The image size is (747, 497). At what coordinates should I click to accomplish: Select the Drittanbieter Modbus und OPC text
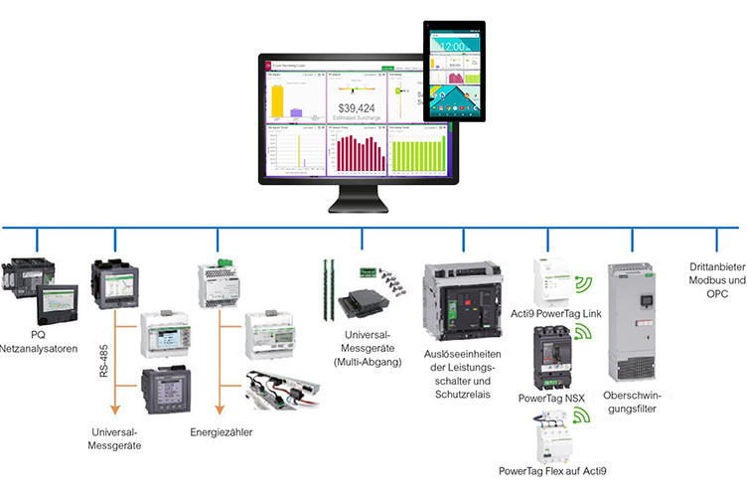coord(715,281)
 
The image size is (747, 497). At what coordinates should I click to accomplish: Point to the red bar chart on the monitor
coord(358,154)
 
